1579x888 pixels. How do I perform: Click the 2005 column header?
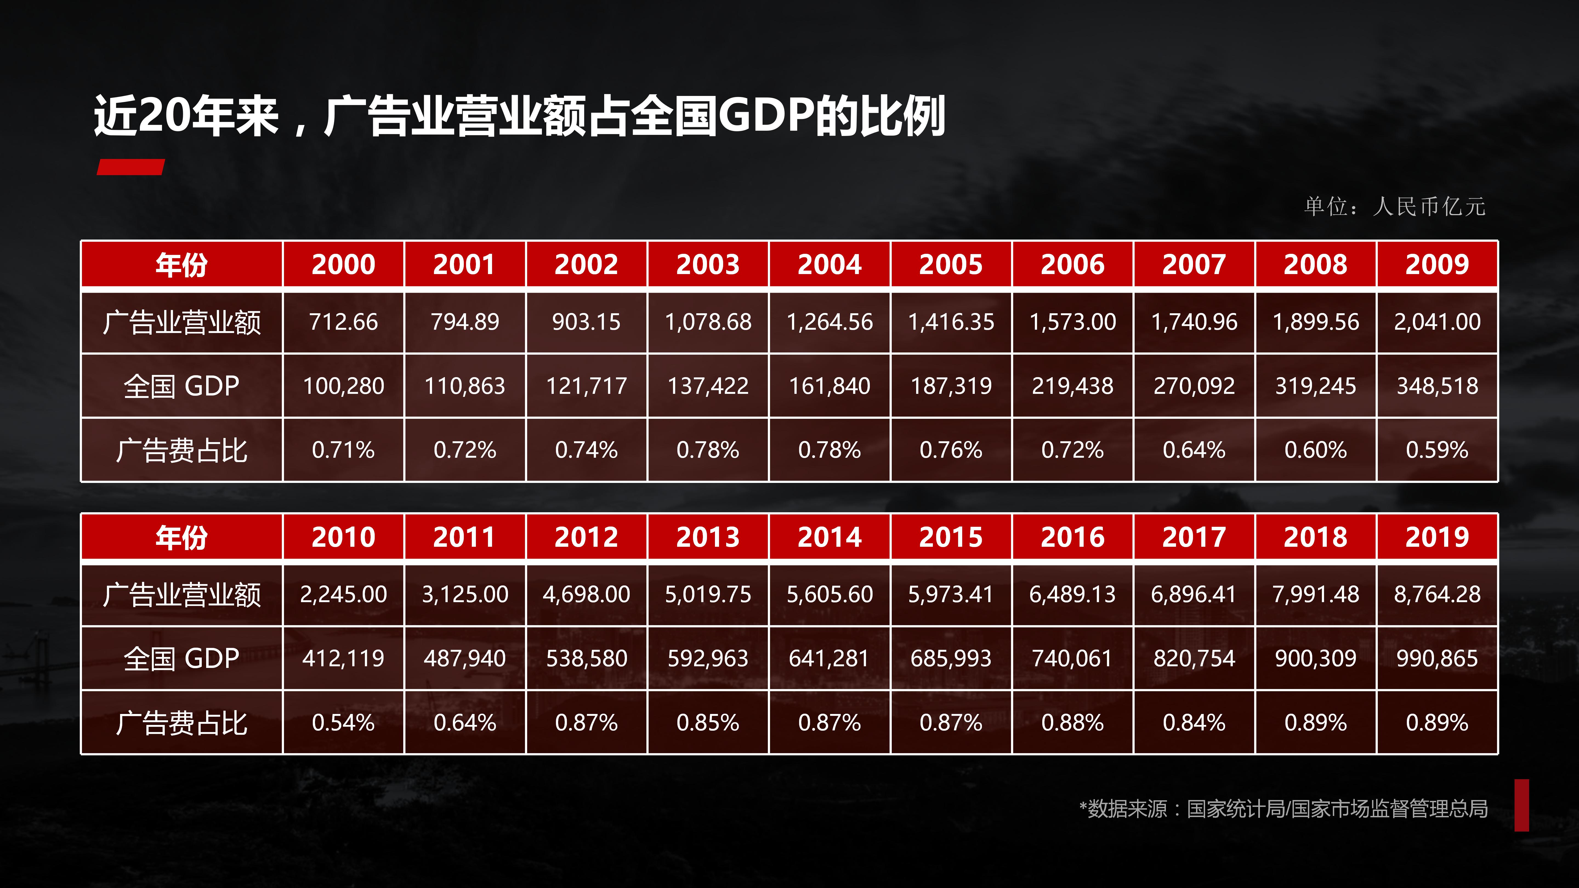[x=951, y=264]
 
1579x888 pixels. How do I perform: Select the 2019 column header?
[x=1437, y=537]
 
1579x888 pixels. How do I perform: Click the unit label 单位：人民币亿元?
[x=1395, y=207]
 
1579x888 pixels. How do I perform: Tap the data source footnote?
[x=1283, y=809]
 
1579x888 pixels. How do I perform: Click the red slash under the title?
[x=130, y=167]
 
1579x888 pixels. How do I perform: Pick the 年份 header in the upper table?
[x=181, y=264]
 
